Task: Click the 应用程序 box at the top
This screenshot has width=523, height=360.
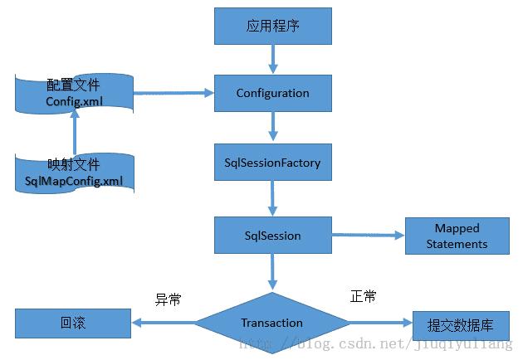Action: coord(273,27)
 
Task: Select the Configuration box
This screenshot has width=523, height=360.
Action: coord(273,93)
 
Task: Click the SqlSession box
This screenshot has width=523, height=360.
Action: coord(273,236)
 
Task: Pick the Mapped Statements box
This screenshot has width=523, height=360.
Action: coord(457,236)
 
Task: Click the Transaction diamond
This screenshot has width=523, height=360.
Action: coord(272,323)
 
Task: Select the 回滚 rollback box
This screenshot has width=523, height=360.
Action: coord(73,324)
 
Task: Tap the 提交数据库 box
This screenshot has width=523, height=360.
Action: coord(457,324)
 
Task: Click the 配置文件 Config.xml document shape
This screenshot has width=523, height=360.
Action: coord(75,94)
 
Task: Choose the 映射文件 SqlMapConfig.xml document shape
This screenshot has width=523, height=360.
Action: coord(75,173)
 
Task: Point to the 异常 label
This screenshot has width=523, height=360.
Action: coord(169,299)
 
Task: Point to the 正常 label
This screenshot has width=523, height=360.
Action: coord(363,296)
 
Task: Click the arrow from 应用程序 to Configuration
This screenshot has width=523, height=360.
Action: coord(273,59)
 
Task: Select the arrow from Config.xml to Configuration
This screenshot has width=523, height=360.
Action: coord(174,93)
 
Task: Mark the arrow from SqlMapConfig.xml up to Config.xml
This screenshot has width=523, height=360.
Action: coord(75,133)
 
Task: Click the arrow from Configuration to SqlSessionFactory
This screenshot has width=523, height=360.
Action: coord(273,128)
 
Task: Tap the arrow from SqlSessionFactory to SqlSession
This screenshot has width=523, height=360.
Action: coord(273,199)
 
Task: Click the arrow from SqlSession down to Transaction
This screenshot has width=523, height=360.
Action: coord(273,272)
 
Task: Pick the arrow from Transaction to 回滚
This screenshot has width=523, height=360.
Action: coord(163,324)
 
